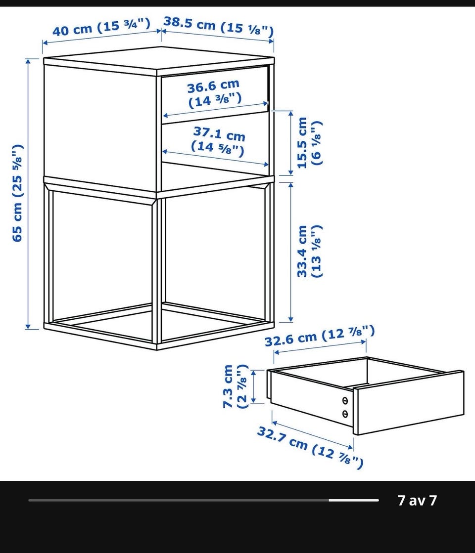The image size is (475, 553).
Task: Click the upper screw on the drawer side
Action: (345, 401)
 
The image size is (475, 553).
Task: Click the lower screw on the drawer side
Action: (345, 414)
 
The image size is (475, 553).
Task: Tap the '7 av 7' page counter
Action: (418, 500)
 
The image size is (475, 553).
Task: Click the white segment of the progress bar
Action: (353, 500)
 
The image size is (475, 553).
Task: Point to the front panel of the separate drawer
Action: (409, 402)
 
